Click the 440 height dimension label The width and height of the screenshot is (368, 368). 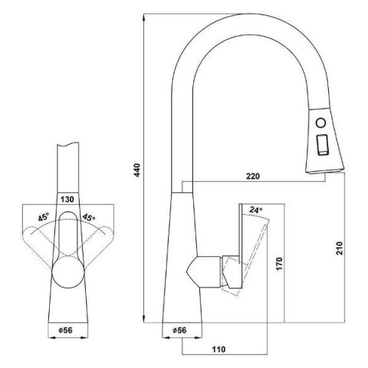coord(137,170)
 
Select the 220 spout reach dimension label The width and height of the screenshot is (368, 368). coord(253,176)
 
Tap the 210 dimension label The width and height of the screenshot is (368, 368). coord(340,248)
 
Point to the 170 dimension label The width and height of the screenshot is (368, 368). coord(279,264)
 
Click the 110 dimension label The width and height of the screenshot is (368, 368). coord(219,349)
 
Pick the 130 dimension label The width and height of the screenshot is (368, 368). coord(67,199)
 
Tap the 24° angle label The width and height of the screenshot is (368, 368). coord(256,210)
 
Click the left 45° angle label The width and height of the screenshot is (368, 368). coord(44,218)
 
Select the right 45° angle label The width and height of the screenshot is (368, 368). coord(89,218)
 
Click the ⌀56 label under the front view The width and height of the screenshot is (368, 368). coord(66,330)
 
